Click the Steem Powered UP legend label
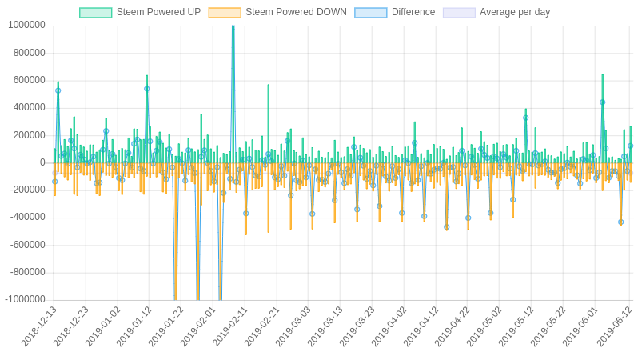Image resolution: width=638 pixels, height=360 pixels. (x=158, y=12)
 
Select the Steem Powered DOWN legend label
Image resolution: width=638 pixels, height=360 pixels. (x=296, y=12)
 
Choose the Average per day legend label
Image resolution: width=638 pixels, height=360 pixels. (x=515, y=12)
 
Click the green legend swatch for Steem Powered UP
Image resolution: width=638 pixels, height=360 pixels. (x=95, y=13)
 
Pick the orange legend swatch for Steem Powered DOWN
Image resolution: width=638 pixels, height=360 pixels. (x=225, y=13)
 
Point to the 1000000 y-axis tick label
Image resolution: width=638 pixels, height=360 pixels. (x=26, y=25)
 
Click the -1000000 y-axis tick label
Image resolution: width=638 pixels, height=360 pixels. (x=25, y=299)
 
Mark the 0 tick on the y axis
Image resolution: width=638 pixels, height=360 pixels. (x=42, y=162)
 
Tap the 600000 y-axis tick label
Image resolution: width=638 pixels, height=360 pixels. (x=29, y=80)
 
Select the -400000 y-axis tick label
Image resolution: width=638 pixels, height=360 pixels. (x=27, y=217)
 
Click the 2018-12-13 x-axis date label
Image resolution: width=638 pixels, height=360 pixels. (x=39, y=326)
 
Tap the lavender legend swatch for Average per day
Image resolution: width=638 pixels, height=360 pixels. (x=459, y=13)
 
